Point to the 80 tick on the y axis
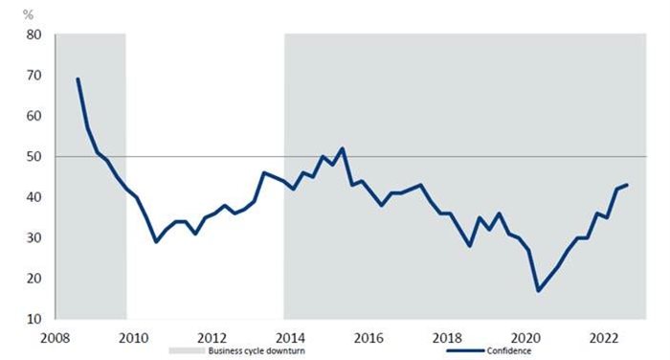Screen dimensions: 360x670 pos(34,35)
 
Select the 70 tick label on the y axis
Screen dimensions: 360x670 pos(34,76)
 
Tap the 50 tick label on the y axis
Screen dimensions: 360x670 pos(34,157)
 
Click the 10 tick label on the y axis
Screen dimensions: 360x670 pos(34,320)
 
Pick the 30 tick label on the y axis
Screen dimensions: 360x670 pos(34,238)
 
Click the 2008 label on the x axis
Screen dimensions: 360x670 pos(55,336)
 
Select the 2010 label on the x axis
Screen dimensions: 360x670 pos(133,336)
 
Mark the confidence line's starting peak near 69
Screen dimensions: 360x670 pos(78,79)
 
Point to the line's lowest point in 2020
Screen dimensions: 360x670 pos(538,290)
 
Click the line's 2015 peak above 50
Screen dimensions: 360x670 pos(342,148)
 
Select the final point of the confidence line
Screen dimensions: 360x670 pos(627,185)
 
